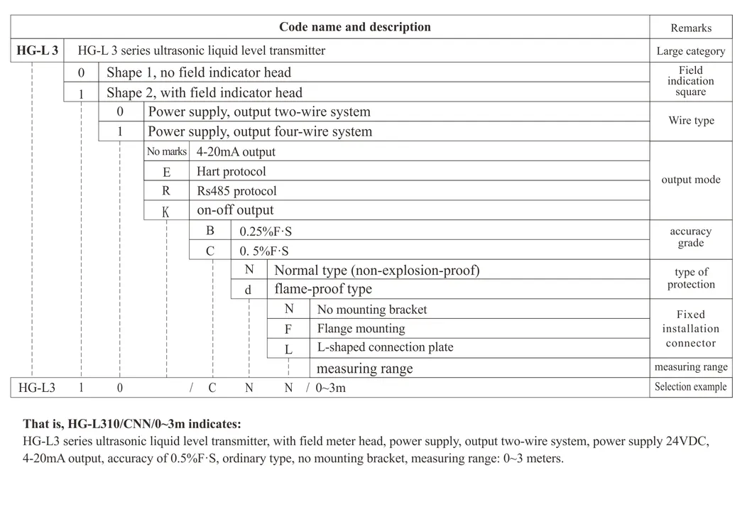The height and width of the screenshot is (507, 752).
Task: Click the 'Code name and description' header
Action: (354, 28)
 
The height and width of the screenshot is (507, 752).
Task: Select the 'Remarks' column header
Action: (691, 28)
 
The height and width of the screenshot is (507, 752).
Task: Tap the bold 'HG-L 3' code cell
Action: (38, 51)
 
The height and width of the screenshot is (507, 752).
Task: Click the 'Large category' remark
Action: (691, 51)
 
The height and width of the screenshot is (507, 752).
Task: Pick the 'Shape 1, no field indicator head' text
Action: (199, 72)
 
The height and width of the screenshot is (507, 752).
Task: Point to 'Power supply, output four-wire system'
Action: (260, 131)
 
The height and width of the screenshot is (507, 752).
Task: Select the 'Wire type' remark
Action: (691, 121)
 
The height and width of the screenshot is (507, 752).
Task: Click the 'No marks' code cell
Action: (167, 152)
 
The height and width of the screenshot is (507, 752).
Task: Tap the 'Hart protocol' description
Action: (231, 172)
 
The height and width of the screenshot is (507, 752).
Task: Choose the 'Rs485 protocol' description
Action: (236, 191)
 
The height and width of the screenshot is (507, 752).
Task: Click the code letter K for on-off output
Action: (166, 211)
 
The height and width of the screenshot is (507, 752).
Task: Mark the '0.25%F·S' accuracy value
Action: (265, 231)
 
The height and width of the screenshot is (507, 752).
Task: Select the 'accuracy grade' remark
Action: (691, 237)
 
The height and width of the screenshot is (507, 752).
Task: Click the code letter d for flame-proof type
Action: (249, 290)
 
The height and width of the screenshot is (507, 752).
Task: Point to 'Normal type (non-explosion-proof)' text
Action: (377, 271)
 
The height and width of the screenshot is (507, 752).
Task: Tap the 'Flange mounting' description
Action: (361, 329)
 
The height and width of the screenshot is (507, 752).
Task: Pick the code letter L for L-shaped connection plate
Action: (288, 349)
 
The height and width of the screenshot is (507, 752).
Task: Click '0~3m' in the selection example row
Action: (331, 388)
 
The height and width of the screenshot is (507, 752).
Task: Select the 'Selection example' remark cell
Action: (691, 387)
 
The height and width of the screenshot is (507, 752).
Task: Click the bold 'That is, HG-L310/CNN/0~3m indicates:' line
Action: (131, 424)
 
